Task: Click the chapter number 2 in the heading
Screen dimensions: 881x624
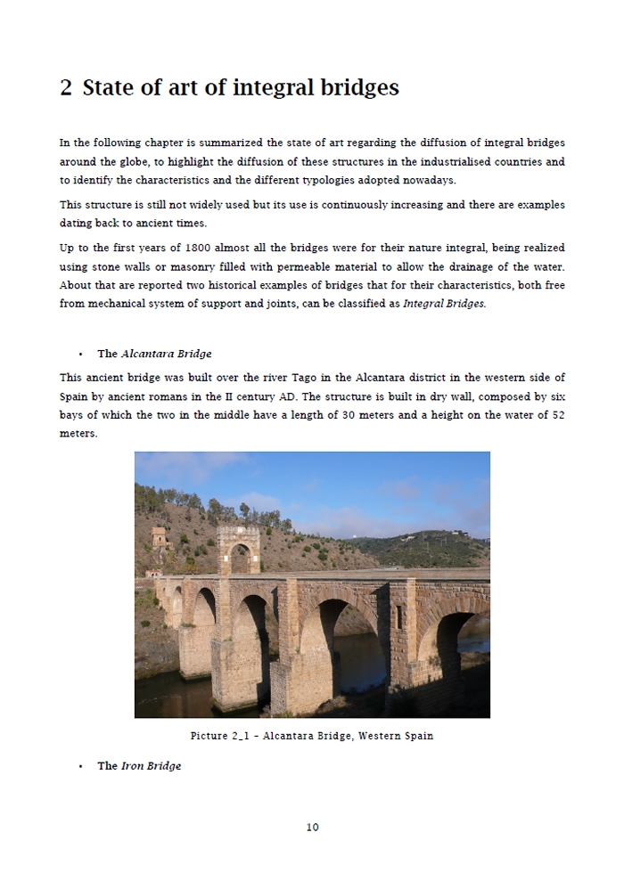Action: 66,88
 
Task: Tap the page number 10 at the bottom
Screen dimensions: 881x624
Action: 312,827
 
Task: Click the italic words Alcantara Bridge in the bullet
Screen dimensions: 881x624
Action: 166,354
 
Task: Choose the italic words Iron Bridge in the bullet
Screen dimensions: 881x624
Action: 151,766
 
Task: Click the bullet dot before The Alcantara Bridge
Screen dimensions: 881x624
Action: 80,355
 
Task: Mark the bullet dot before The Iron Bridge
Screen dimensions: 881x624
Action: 80,767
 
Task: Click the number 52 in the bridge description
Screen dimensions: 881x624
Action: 557,416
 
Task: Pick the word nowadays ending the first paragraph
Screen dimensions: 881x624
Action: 428,181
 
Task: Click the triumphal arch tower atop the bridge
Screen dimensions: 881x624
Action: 239,549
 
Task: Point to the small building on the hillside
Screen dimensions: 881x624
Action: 159,536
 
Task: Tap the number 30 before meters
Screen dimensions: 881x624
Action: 351,416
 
